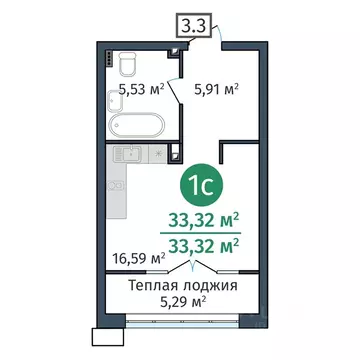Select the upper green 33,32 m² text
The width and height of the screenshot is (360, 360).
click(x=204, y=221)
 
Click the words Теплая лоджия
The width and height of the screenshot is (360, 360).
click(x=183, y=285)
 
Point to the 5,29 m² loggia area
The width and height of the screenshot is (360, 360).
click(x=183, y=301)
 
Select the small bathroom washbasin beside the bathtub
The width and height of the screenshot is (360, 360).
click(x=170, y=126)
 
